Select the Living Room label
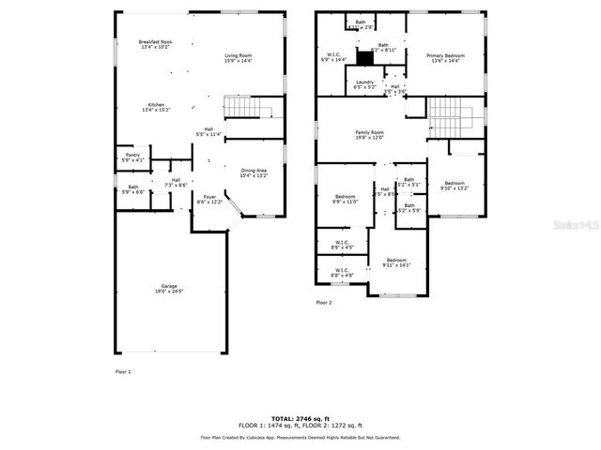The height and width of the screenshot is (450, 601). pos(238,59)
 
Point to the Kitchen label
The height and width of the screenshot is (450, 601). pos(156,107)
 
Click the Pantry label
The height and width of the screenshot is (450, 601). pos(132,157)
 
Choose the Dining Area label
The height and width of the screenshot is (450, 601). pos(254,172)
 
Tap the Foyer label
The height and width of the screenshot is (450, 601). pos(209,199)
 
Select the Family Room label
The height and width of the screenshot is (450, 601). pos(369,135)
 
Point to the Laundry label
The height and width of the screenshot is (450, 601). pos(365,83)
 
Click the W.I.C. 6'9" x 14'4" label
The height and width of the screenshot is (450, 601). pos(333,57)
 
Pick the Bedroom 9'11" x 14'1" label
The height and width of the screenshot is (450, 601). pos(396,262)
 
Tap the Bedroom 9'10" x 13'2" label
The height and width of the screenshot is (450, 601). pos(455,185)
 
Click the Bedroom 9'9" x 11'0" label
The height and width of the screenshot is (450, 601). pos(346,199)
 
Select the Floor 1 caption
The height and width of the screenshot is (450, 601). pos(123,372)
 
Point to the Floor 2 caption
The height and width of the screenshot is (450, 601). pos(324,302)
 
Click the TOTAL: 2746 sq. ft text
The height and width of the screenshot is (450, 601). pos(300,418)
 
